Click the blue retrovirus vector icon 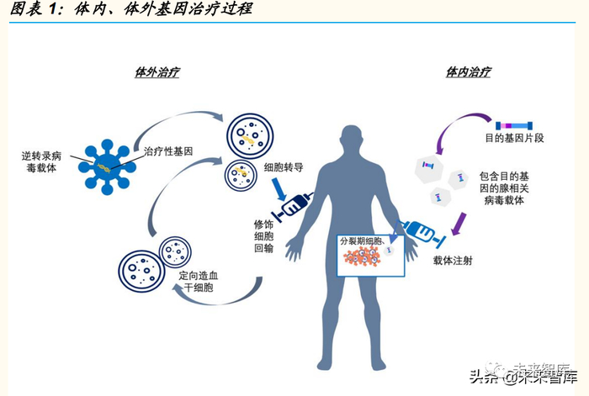tap(105, 162)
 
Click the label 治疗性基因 tap(168, 151)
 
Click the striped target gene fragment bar tap(513, 124)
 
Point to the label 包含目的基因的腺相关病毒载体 tap(505, 189)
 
